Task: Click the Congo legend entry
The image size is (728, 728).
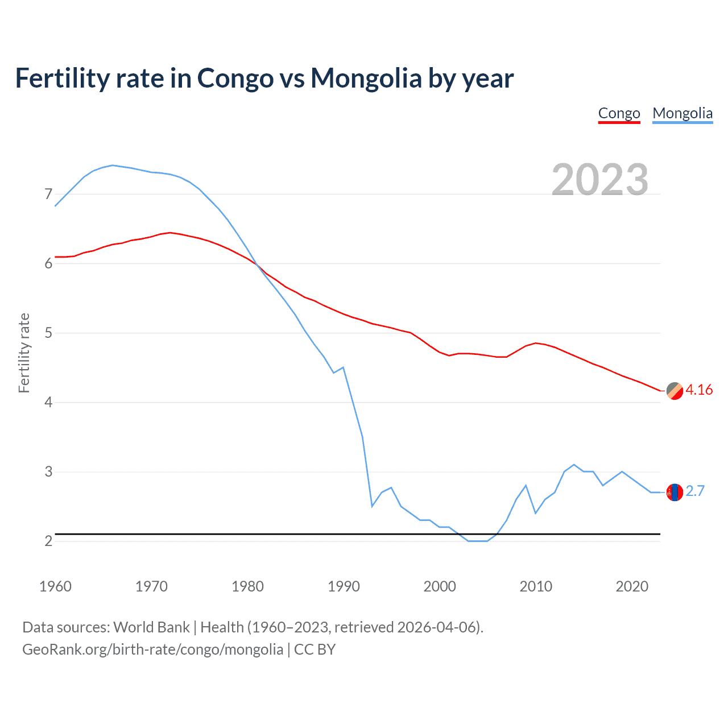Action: click(619, 114)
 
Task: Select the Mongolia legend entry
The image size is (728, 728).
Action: click(682, 114)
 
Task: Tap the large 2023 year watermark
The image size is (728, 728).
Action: click(600, 180)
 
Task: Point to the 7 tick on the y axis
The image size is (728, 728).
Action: click(48, 195)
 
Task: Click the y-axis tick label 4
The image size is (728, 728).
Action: click(48, 403)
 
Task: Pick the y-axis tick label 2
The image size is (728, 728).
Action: click(48, 541)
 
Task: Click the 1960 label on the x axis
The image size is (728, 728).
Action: click(55, 586)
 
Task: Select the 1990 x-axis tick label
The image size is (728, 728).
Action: click(344, 586)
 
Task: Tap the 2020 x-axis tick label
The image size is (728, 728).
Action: click(632, 586)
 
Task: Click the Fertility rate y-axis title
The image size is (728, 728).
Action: click(24, 353)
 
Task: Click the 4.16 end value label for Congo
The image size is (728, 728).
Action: click(699, 390)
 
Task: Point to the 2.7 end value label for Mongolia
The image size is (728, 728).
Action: click(695, 491)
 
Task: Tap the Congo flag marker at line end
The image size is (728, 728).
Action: click(675, 391)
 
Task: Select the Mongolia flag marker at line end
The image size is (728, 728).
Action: click(675, 492)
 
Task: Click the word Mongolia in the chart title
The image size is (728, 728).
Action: click(366, 78)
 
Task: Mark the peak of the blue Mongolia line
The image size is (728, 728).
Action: click(113, 166)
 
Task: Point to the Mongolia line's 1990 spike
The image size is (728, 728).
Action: click(343, 367)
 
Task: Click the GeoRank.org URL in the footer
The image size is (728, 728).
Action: click(152, 650)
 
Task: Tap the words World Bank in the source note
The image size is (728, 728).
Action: click(151, 627)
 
